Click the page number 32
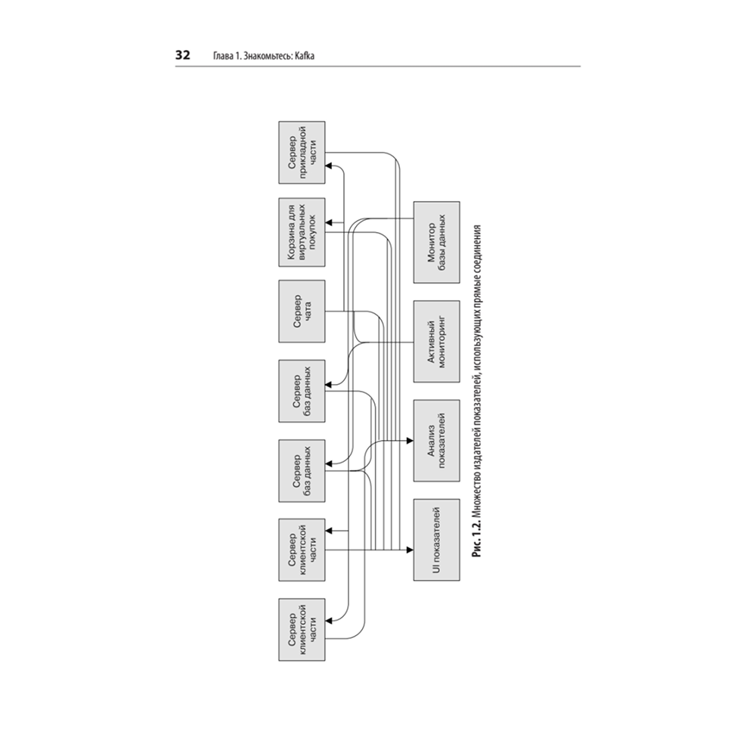click(183, 55)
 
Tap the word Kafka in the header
click(305, 56)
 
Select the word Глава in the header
click(223, 56)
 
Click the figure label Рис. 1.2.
click(477, 540)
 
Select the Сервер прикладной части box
click(302, 153)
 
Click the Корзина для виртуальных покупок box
click(302, 232)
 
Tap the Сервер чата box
click(302, 311)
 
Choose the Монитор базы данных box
click(437, 242)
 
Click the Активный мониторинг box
click(437, 342)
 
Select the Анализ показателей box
click(437, 441)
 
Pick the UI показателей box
click(437, 540)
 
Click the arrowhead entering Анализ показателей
click(411, 441)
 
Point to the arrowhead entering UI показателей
click(411, 550)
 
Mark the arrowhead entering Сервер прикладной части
click(329, 166)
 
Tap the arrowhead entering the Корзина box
click(329, 223)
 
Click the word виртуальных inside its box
click(302, 232)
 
